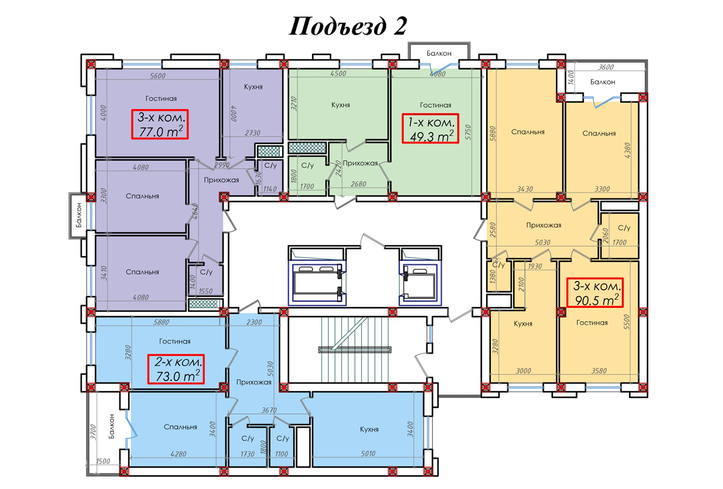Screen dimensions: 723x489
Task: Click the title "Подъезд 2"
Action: (347, 26)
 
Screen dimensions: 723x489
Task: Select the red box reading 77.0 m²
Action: (160, 124)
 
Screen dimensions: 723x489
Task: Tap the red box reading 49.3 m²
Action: (430, 128)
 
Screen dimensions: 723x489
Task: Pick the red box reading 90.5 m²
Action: (595, 292)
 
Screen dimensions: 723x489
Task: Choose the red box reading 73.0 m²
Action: (176, 369)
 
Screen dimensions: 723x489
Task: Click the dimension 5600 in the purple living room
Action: (158, 76)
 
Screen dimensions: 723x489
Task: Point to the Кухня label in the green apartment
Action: (341, 105)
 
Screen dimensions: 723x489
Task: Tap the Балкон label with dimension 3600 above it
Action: (603, 82)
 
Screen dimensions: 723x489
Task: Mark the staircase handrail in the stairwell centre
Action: (355, 350)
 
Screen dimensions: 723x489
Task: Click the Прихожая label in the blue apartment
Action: (254, 382)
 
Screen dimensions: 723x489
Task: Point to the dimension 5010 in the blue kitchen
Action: (368, 454)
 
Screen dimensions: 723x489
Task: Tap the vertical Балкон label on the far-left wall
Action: (79, 215)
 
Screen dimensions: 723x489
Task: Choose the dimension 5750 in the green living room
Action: (469, 132)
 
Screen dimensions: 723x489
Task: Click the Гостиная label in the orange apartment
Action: (592, 323)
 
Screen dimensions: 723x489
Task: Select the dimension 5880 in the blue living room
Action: (161, 322)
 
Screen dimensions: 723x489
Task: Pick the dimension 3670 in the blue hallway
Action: (269, 410)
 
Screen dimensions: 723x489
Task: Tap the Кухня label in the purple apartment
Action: (254, 87)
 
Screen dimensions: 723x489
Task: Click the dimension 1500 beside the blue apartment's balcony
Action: (103, 461)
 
